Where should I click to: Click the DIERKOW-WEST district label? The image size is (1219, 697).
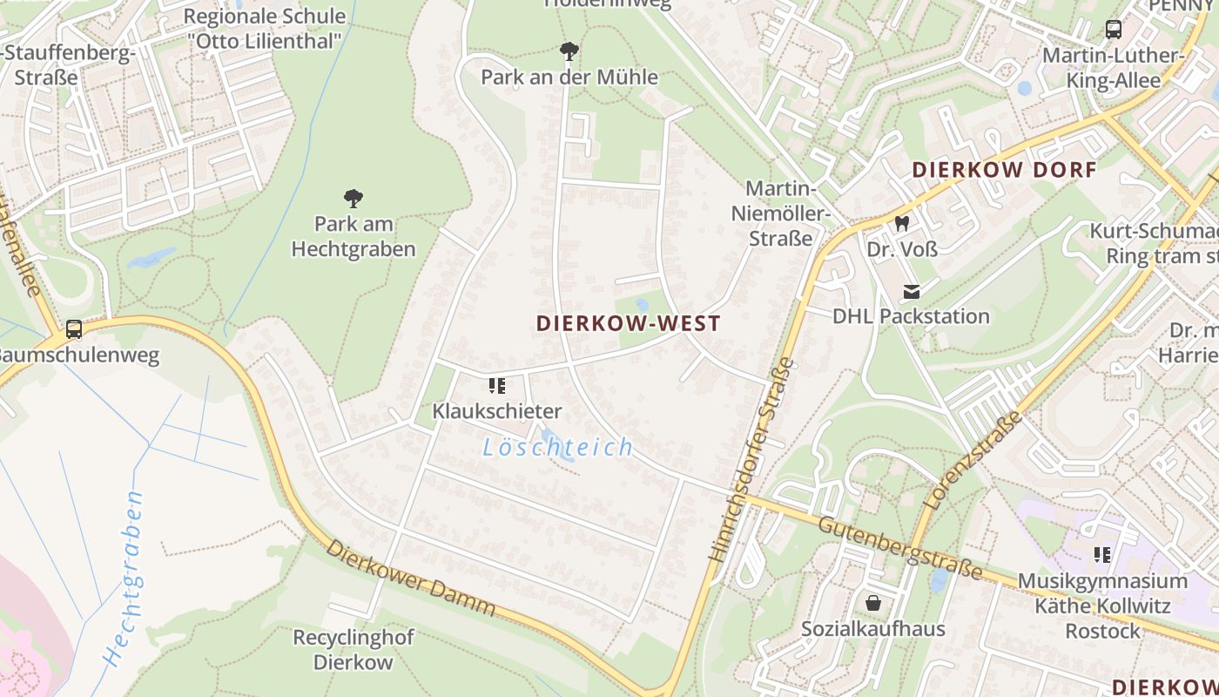[628, 324]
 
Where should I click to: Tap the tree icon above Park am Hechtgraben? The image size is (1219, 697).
[353, 199]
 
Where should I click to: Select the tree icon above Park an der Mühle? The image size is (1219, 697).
[569, 51]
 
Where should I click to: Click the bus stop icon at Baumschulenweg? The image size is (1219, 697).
[74, 329]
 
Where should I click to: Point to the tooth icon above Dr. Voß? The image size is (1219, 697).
[902, 224]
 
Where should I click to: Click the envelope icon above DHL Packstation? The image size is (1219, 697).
[911, 291]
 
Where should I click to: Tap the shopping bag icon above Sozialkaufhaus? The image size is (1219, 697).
[872, 603]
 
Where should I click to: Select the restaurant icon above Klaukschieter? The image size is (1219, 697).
[497, 385]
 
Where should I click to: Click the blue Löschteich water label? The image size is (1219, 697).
[558, 448]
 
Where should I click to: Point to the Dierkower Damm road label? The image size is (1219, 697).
[411, 579]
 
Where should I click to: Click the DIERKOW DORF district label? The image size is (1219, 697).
[1003, 170]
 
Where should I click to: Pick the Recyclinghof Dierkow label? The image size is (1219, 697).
[353, 649]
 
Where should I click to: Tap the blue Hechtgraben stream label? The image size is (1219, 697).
[123, 579]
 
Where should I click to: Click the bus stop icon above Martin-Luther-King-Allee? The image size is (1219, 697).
[1113, 30]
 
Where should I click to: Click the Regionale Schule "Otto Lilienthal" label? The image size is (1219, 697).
[265, 28]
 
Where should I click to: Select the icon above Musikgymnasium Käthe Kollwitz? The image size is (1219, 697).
[1101, 554]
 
